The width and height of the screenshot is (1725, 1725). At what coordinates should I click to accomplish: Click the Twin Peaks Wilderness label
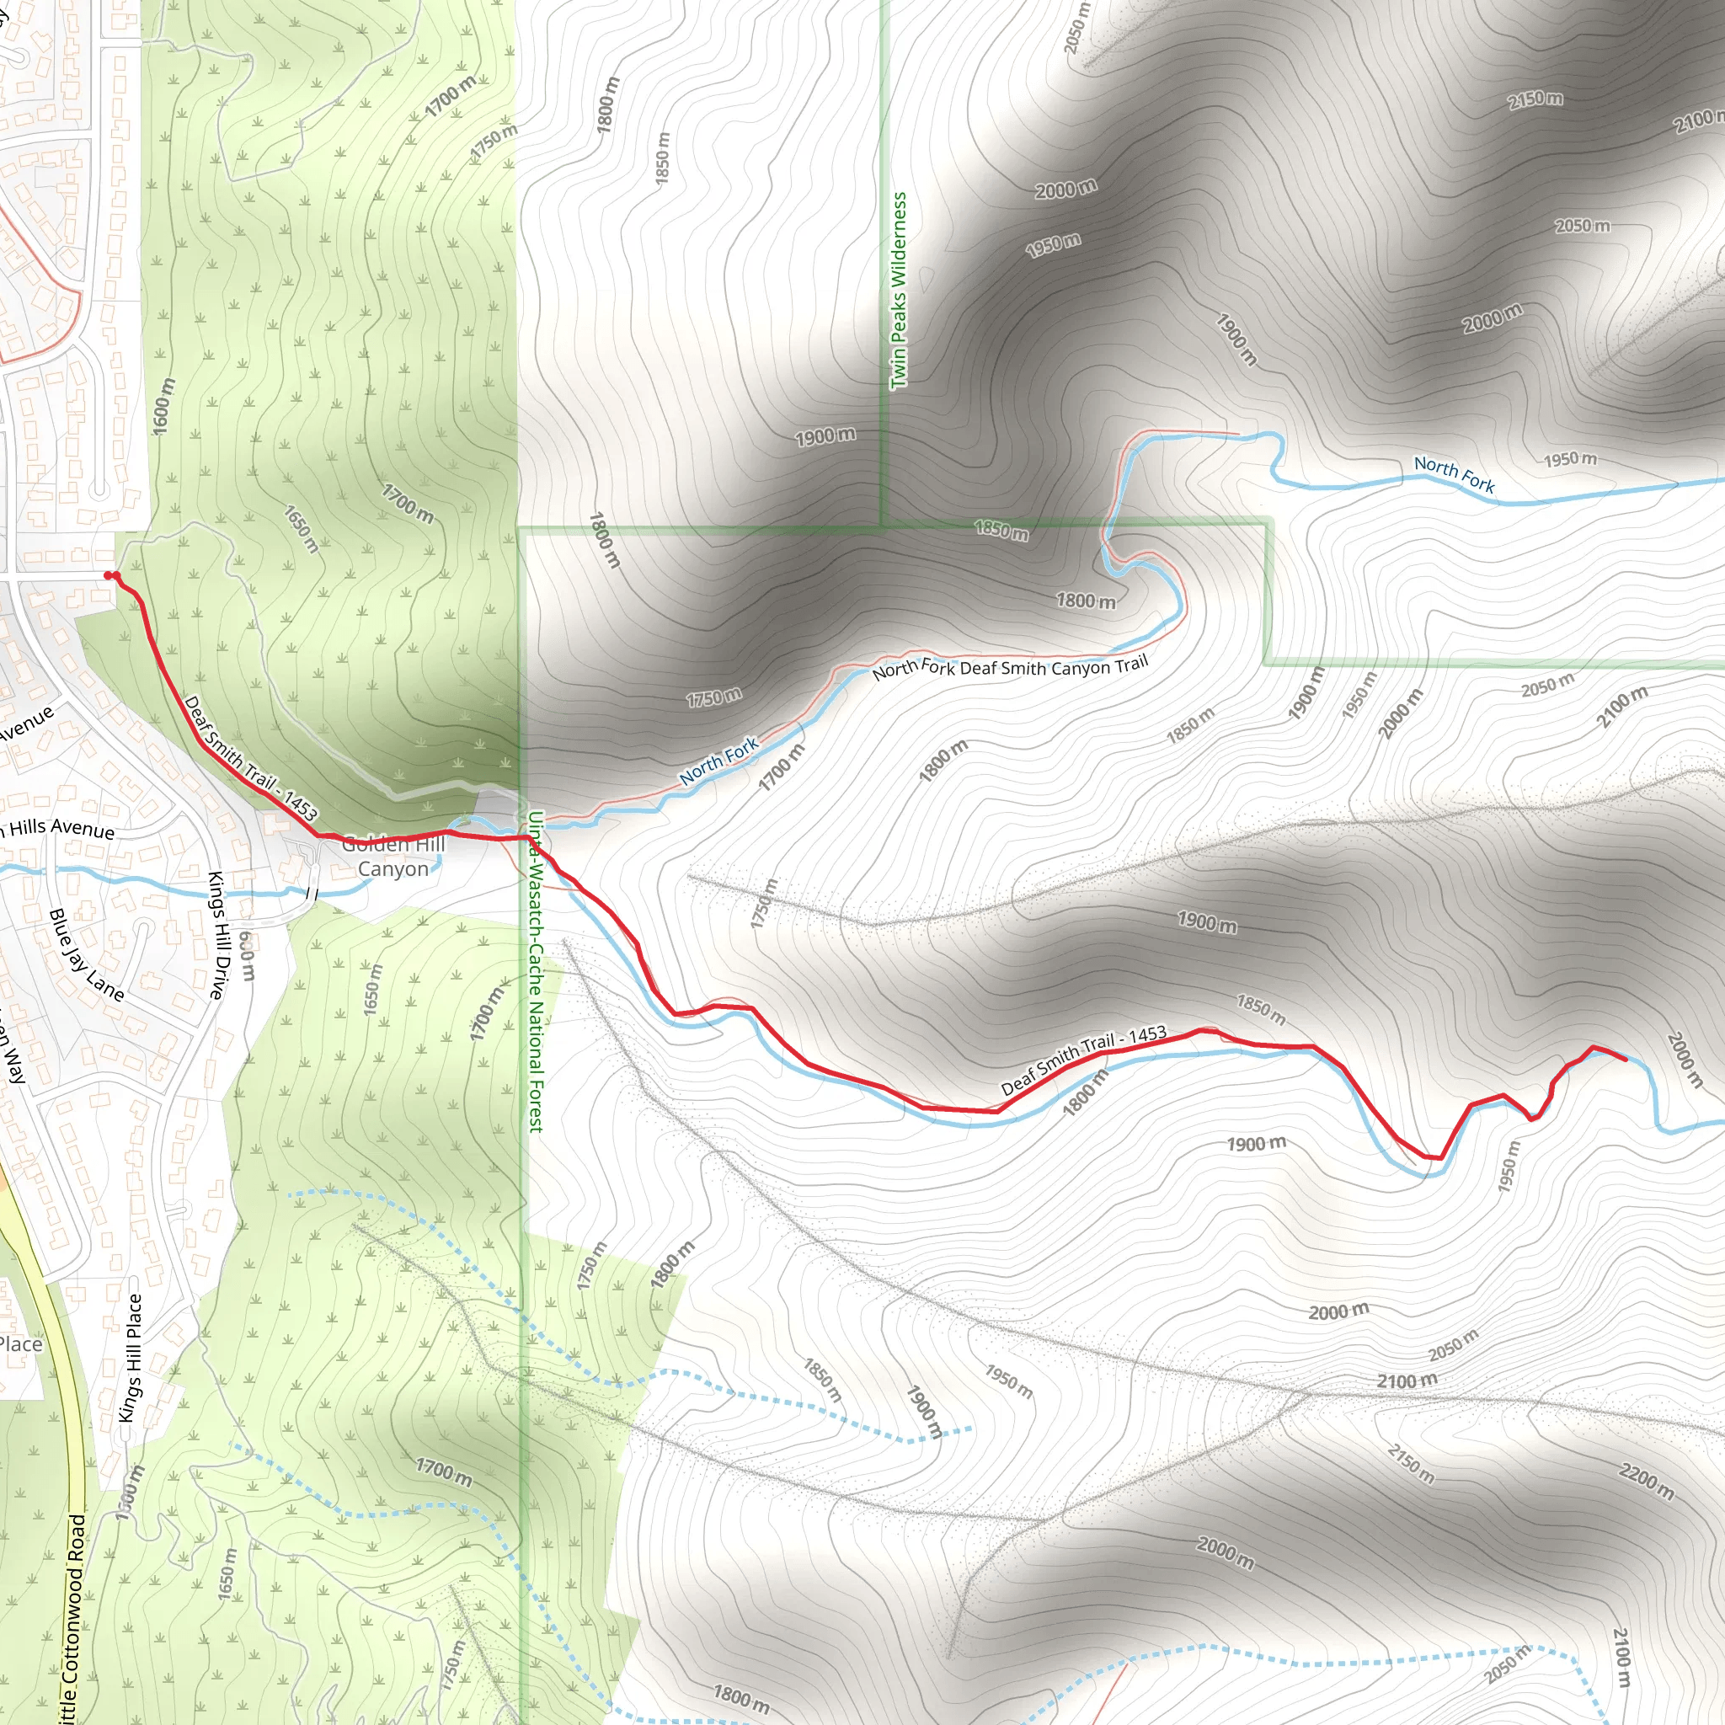pyautogui.click(x=898, y=291)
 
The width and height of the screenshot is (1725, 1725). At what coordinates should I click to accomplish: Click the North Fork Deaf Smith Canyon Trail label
pyautogui.click(x=1010, y=666)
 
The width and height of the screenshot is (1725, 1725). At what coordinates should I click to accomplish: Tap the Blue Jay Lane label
pyautogui.click(x=87, y=954)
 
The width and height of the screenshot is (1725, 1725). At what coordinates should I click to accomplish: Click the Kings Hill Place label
pyautogui.click(x=131, y=1357)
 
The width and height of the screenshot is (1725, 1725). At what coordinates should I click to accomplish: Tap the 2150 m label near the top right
pyautogui.click(x=1535, y=99)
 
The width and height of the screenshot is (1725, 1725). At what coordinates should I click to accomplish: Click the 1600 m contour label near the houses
pyautogui.click(x=164, y=406)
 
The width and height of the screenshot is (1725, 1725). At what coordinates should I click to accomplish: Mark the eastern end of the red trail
pyautogui.click(x=1625, y=1060)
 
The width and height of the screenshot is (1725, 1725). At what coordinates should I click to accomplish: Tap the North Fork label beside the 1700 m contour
pyautogui.click(x=718, y=760)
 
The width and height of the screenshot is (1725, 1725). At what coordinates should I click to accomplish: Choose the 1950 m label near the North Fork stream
pyautogui.click(x=1571, y=459)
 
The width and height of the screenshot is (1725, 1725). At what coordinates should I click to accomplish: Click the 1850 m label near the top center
pyautogui.click(x=663, y=159)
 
